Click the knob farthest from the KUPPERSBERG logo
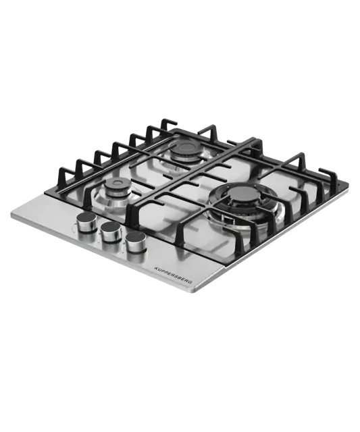point(86,221)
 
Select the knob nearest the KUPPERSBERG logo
point(135,242)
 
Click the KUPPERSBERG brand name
point(173,275)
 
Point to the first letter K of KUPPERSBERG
point(155,267)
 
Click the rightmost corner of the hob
point(348,183)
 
